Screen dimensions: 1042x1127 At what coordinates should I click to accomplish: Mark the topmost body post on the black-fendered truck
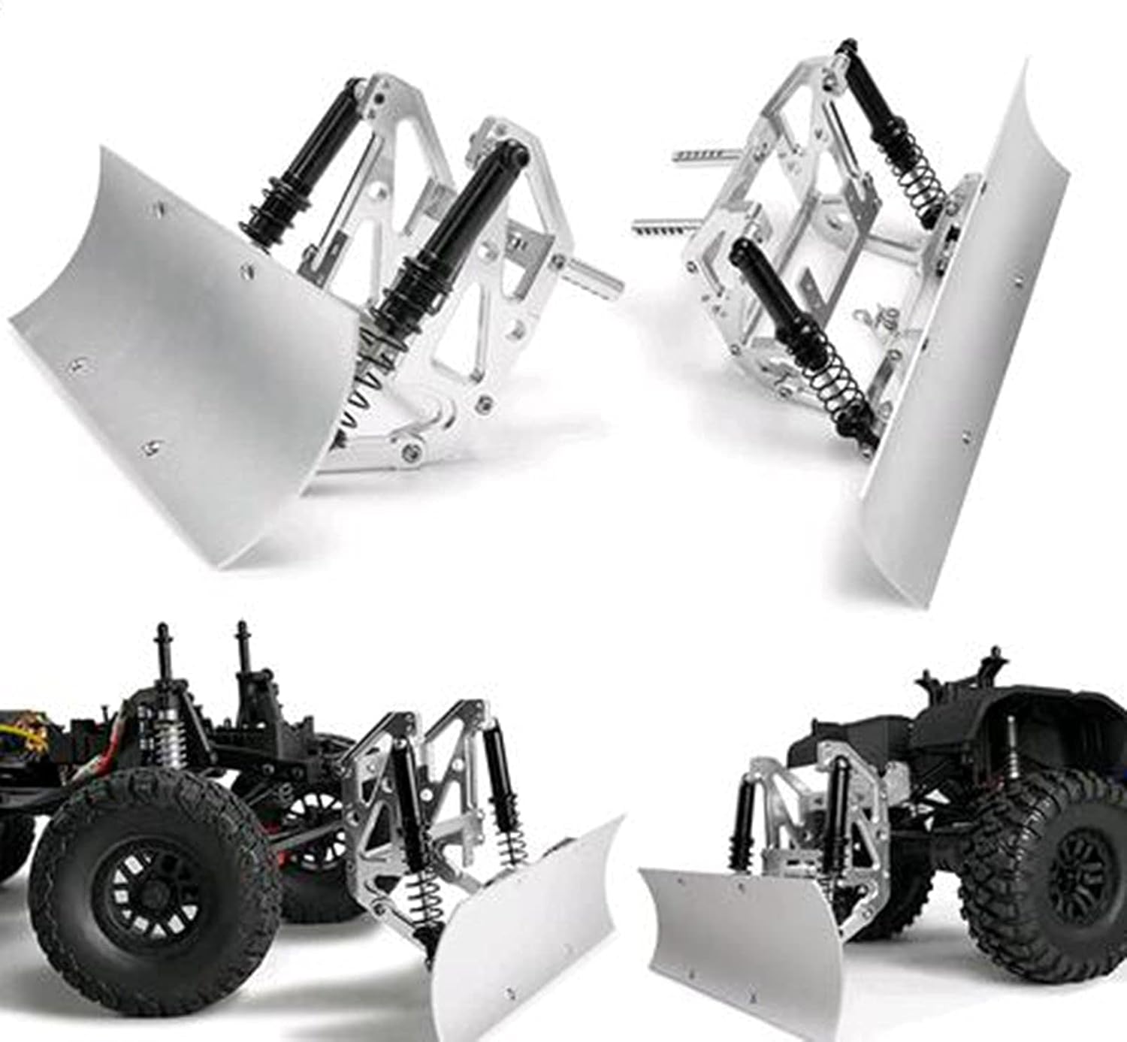[x=996, y=661]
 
